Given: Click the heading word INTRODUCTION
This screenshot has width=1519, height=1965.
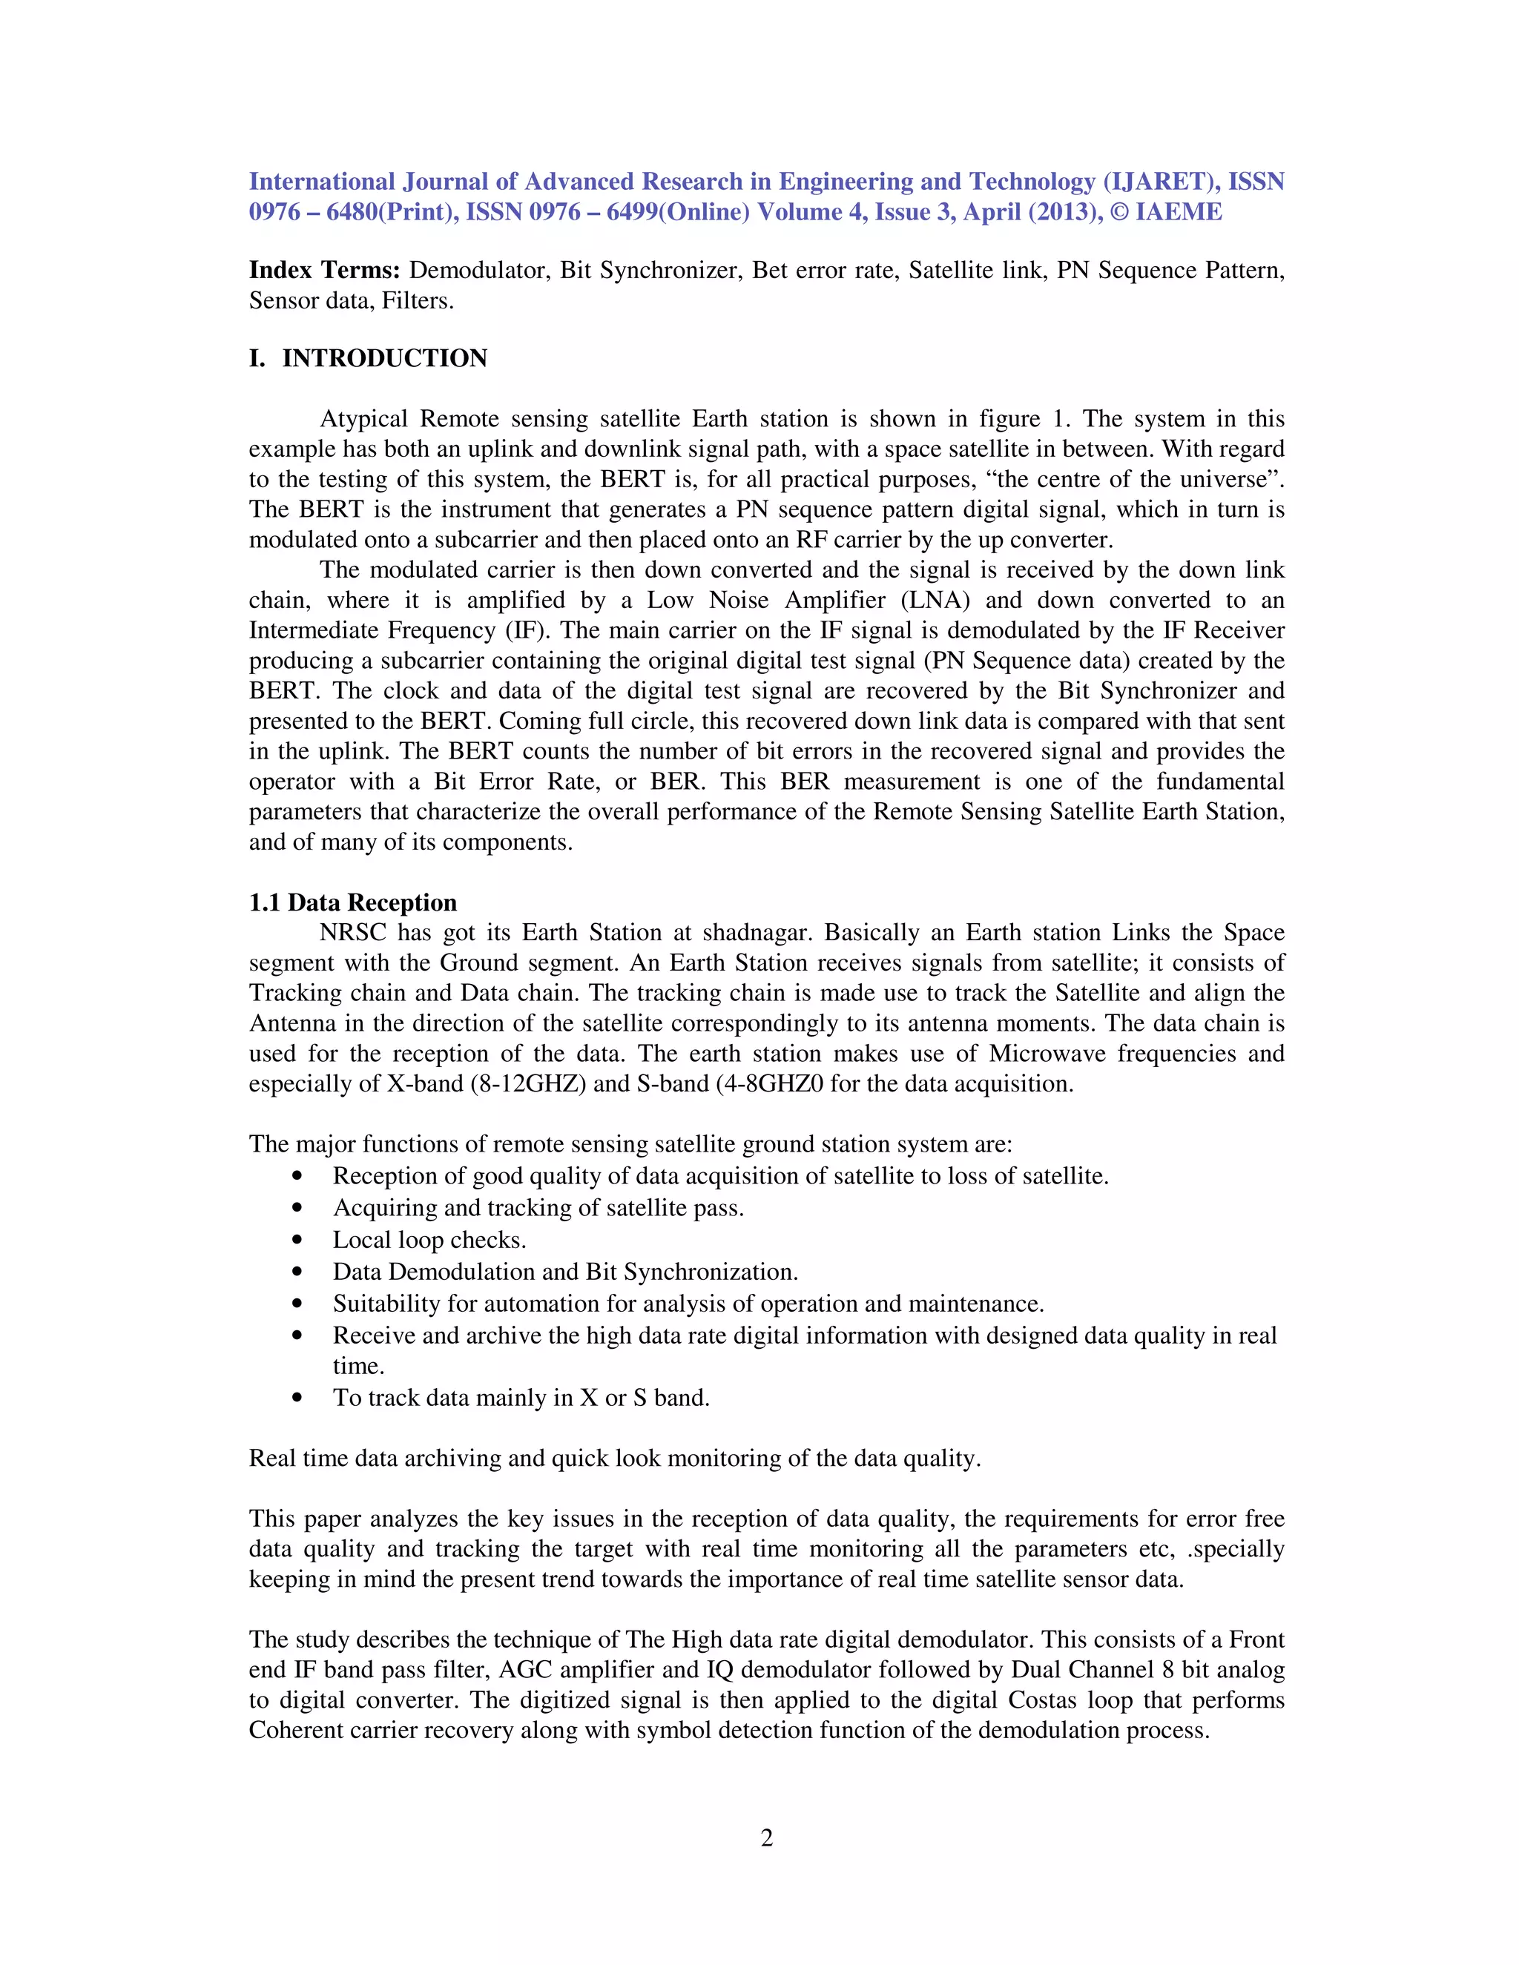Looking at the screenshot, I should [x=384, y=358].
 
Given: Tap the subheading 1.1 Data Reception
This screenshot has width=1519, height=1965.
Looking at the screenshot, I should [x=353, y=902].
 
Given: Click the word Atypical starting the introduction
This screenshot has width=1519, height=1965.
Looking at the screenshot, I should [x=363, y=418].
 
